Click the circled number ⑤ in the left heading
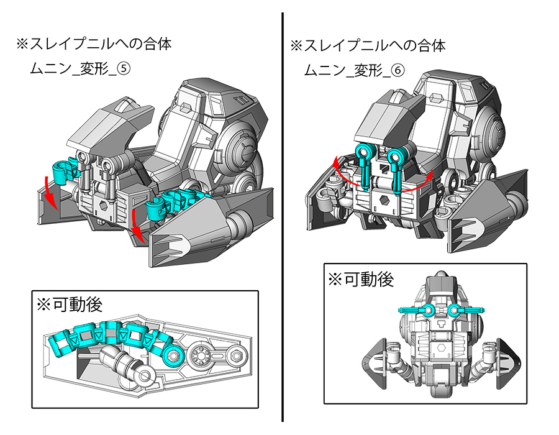(x=125, y=70)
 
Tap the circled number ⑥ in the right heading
(x=398, y=70)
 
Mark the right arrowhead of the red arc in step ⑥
(x=429, y=180)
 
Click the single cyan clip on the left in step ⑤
(x=63, y=171)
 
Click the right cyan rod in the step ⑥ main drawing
(x=396, y=166)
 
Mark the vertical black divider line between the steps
(x=283, y=217)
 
